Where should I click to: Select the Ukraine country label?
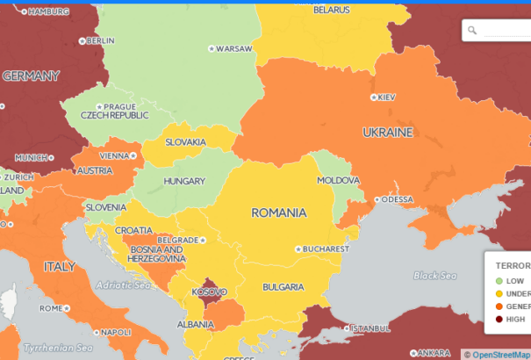coord(387,133)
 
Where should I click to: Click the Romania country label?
coord(278,212)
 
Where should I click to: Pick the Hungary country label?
coord(183,182)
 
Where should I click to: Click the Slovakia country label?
coord(186,142)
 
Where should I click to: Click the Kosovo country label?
coord(209,292)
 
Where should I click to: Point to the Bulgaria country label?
coord(283,287)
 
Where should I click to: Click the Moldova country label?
coord(338,180)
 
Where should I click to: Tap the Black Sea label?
coord(435,276)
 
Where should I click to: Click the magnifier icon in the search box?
coord(472,31)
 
